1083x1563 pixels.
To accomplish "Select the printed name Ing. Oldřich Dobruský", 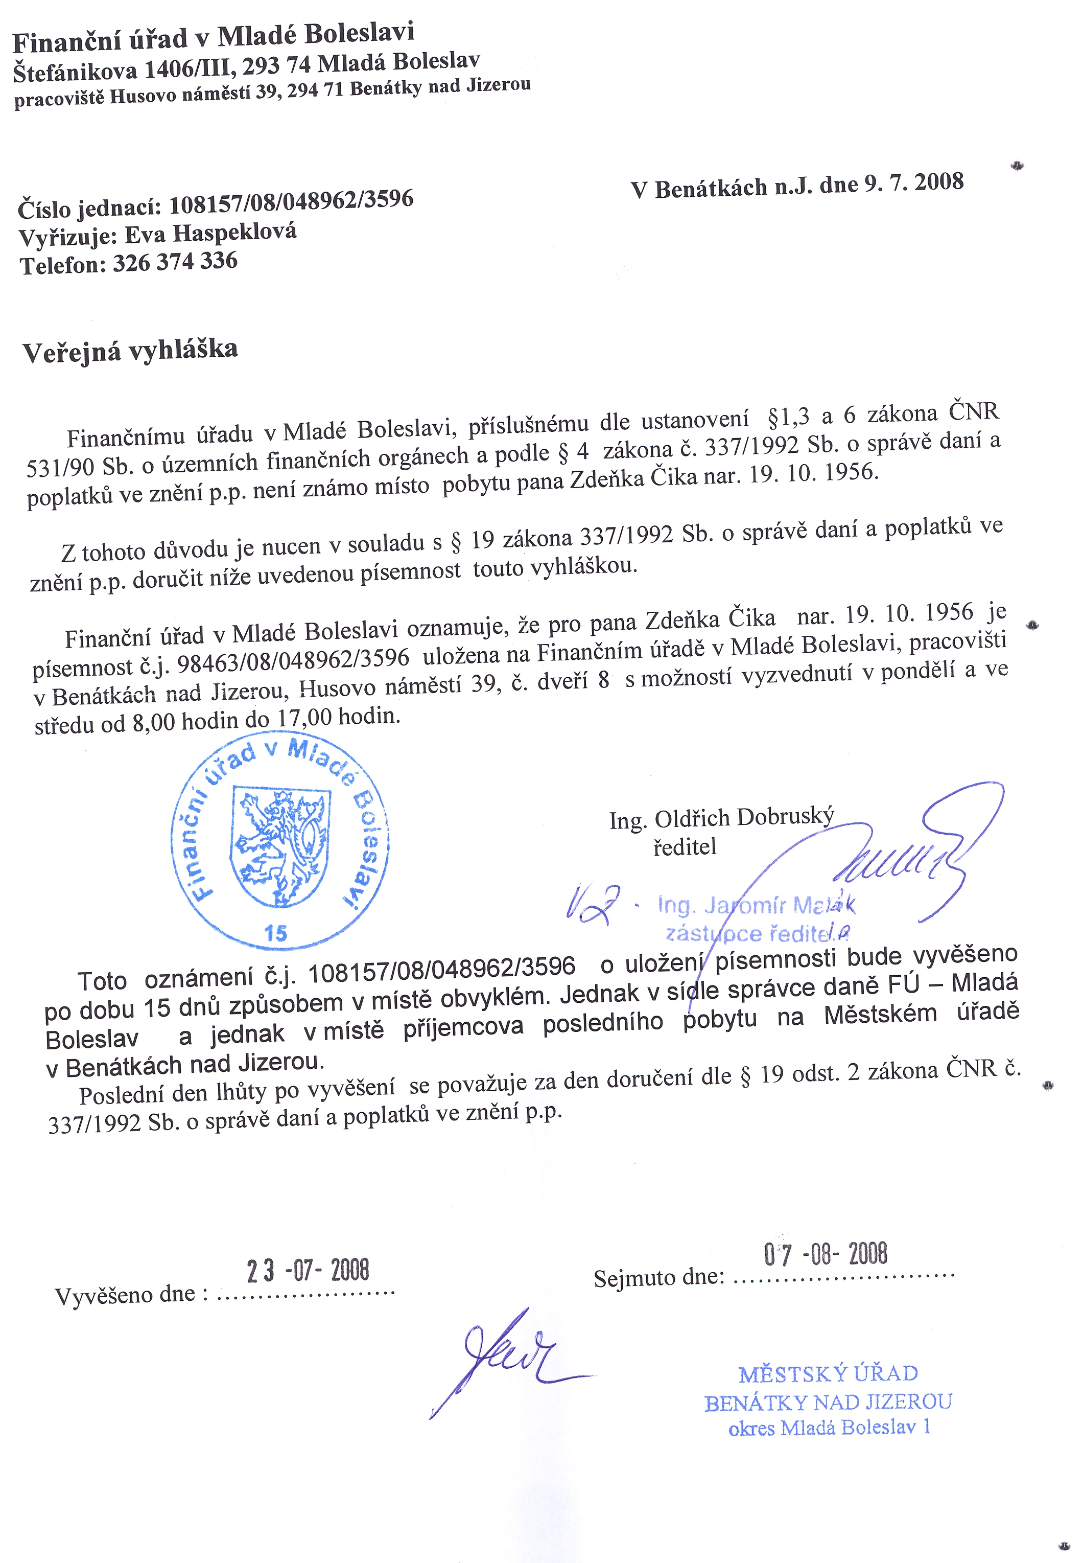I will (721, 818).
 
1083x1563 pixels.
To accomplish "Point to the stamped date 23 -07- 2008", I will (308, 1270).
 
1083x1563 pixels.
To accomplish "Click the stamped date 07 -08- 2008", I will (825, 1253).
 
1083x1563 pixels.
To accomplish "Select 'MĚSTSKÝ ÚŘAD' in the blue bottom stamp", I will (828, 1374).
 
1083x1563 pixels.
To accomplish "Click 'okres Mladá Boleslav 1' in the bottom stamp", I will (829, 1428).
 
